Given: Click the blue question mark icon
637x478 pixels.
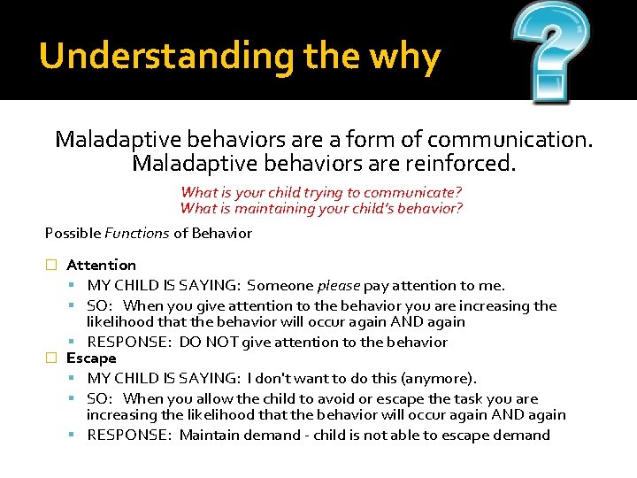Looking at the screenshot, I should click(x=549, y=50).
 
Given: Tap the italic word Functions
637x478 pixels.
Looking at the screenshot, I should click(x=136, y=234).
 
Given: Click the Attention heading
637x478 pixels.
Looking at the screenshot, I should click(x=101, y=265).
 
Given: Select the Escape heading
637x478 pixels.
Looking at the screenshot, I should click(x=91, y=358).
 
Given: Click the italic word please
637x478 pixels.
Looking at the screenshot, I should click(x=338, y=285).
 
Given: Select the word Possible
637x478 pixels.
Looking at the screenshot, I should click(x=73, y=234).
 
